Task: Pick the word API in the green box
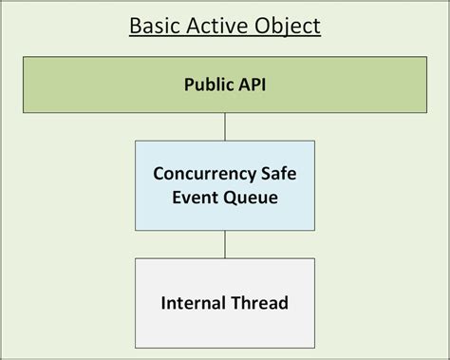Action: point(253,84)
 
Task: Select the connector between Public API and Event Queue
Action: point(225,127)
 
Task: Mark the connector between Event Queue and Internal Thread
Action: point(225,243)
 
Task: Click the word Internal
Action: point(195,304)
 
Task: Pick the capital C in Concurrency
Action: point(159,175)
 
